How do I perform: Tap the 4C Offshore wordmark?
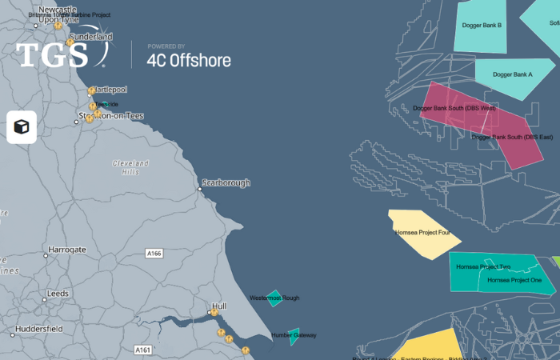point(189,60)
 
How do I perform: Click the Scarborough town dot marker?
point(200,189)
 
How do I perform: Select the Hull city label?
point(219,306)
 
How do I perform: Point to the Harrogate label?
point(66,250)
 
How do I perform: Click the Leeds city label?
point(58,294)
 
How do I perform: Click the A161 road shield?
point(143,350)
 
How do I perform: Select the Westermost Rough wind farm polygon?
point(274,298)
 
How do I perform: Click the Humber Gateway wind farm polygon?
point(294,336)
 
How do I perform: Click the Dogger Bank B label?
point(482,26)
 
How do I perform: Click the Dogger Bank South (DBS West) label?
point(454,108)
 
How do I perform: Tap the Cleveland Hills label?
point(126,166)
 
